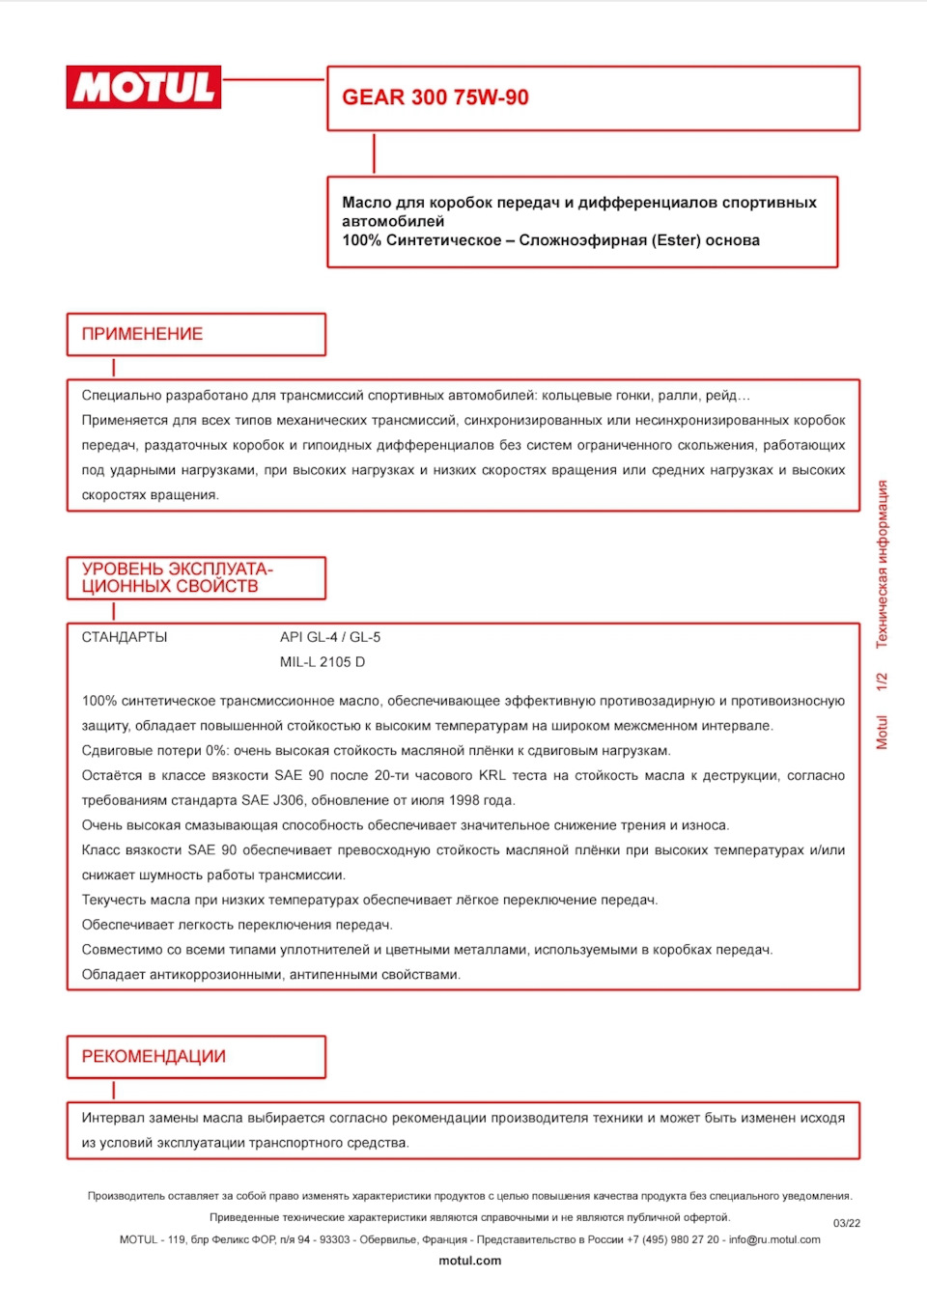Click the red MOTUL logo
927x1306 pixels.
pos(144,88)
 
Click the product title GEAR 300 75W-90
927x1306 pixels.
pos(435,97)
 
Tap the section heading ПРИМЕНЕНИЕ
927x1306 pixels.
pos(142,334)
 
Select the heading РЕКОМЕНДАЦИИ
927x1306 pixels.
pos(154,1057)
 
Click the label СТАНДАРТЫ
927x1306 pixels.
pos(125,637)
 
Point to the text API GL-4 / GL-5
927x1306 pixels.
pos(330,637)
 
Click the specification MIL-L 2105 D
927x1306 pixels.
pos(323,662)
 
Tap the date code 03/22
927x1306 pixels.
pos(847,1223)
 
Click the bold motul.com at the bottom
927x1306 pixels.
pos(470,1261)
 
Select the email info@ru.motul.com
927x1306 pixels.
pos(774,1239)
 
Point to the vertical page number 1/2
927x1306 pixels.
pos(882,681)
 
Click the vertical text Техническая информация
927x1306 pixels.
pos(882,564)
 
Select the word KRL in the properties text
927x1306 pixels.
pos(492,775)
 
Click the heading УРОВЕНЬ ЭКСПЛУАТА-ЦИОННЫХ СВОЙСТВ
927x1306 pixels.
pos(177,577)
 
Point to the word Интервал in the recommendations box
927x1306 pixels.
pos(113,1118)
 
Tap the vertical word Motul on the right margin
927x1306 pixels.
pos(882,732)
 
